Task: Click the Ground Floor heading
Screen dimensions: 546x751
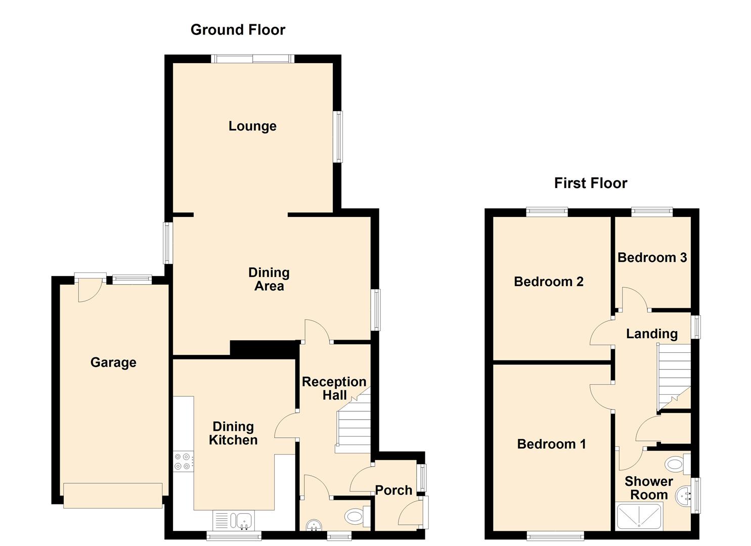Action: (x=238, y=30)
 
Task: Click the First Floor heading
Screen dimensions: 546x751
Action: (x=590, y=183)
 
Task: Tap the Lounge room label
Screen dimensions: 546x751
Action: (x=252, y=126)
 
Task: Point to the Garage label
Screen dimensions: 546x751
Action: (x=113, y=362)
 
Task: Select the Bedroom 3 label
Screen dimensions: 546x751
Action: (x=652, y=258)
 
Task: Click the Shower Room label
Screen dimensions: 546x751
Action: (x=648, y=488)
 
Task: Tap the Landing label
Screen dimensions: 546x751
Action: (x=651, y=334)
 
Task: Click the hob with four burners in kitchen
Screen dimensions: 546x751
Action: (x=183, y=462)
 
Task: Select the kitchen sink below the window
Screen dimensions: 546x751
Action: (x=244, y=520)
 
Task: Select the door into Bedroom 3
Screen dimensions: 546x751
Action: (x=634, y=299)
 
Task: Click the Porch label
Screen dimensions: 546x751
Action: (x=393, y=490)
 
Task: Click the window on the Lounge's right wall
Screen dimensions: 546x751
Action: (x=337, y=136)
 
